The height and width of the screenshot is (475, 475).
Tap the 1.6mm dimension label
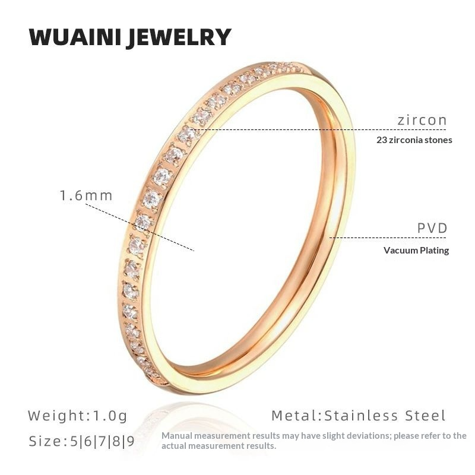[86, 195]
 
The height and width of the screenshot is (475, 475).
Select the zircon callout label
[422, 120]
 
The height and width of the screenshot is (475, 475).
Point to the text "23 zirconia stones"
[414, 141]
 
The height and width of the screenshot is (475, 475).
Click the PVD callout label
[432, 229]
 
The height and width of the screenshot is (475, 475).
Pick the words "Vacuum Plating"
[416, 250]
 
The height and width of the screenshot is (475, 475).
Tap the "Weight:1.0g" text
[78, 415]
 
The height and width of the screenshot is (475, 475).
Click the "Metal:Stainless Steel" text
[358, 415]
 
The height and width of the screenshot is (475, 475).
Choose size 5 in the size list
[74, 442]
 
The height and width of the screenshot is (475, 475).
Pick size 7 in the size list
[102, 442]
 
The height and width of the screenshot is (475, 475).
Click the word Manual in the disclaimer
[177, 436]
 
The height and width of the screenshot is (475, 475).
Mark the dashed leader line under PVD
[386, 238]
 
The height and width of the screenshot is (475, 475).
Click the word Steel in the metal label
[423, 415]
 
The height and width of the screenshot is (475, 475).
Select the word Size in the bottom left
[45, 442]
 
